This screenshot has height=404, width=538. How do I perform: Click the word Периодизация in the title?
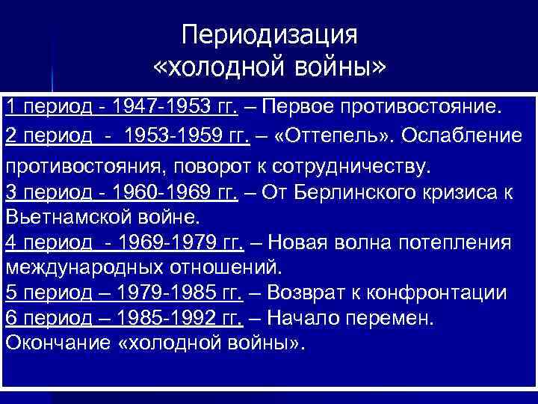click(270, 34)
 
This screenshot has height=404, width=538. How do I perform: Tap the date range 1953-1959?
click(173, 138)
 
